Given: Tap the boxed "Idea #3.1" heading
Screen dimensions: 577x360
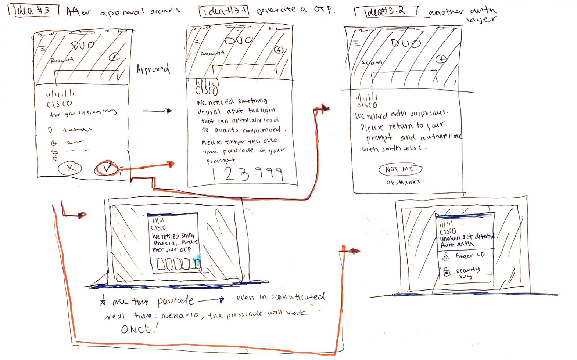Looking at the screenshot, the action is pos(224,11).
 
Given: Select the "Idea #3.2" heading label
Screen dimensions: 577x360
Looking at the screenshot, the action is pos(386,12).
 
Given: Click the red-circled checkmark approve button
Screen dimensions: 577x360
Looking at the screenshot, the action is pos(107,169).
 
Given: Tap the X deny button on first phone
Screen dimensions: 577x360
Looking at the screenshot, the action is pos(70,168).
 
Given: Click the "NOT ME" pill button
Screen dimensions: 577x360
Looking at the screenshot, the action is pos(400,169).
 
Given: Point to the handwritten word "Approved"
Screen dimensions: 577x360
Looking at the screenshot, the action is pos(153,69).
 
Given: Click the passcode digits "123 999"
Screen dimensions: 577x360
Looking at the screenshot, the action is pos(247,174).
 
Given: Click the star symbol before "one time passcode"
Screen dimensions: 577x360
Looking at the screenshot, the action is pos(103,302).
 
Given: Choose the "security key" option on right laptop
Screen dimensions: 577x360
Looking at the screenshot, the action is pos(467,273).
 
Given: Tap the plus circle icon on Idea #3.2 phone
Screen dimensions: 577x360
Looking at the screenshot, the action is pos(441,59).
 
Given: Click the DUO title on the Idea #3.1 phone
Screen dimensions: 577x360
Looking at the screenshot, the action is pos(239,40).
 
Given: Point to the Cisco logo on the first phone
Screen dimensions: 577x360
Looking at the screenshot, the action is pos(60,99).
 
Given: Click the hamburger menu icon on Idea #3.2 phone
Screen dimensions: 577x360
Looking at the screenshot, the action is pos(356,43).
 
